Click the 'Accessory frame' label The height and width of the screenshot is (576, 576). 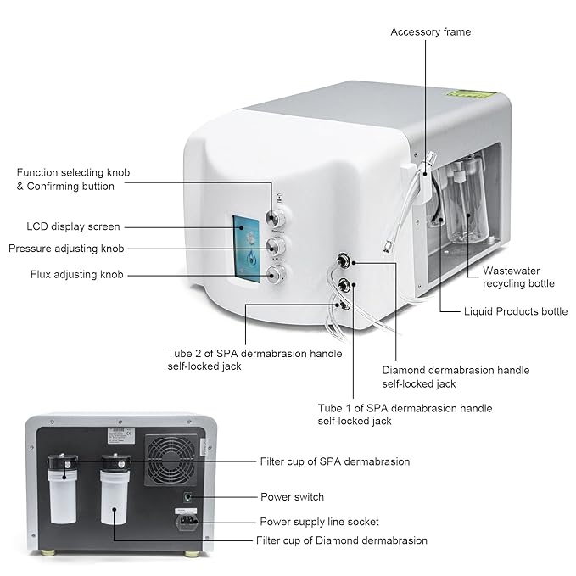[430, 32]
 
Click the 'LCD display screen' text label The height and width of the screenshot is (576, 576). [73, 226]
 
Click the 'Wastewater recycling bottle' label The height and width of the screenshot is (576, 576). [518, 277]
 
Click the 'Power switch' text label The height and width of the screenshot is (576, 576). [292, 496]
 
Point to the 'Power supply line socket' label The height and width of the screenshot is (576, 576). [319, 521]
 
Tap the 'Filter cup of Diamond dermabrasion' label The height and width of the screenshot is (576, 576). [342, 540]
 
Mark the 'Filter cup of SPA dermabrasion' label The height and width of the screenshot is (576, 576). [334, 461]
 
